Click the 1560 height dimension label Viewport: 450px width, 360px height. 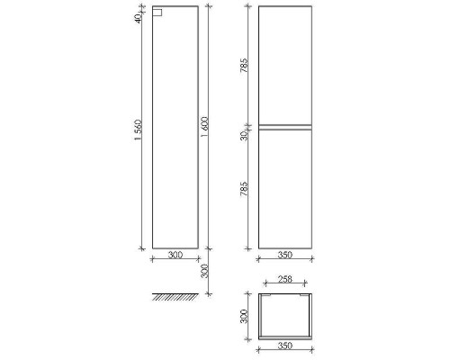click(x=138, y=130)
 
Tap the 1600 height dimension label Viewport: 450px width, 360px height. click(x=205, y=127)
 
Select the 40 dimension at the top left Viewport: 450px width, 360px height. click(x=138, y=18)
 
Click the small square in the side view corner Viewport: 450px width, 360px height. click(x=157, y=13)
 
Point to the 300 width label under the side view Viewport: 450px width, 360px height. click(x=175, y=255)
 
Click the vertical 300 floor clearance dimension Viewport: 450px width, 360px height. click(x=205, y=271)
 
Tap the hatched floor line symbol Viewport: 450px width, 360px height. click(x=175, y=297)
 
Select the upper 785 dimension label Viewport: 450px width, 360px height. click(x=244, y=65)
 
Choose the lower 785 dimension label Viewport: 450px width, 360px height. click(x=244, y=189)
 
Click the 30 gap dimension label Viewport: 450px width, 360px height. click(x=244, y=135)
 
